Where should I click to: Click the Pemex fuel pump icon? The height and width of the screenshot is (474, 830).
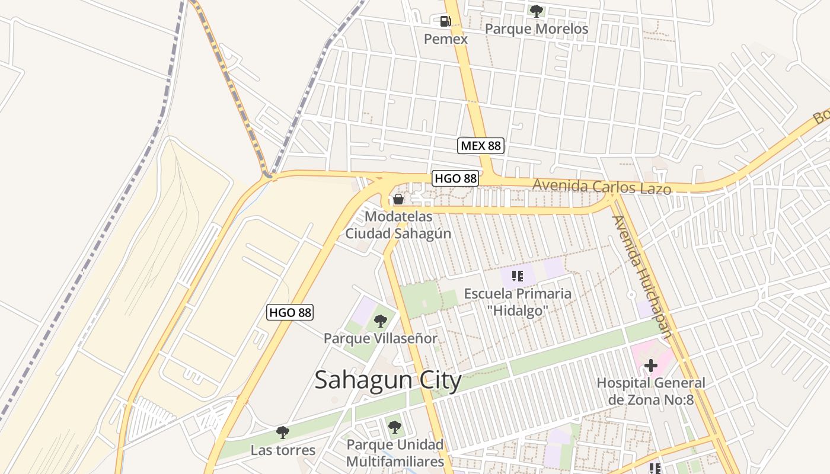point(445,22)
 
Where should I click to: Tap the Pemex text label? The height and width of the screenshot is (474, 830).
point(445,39)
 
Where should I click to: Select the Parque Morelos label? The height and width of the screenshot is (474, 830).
point(537,28)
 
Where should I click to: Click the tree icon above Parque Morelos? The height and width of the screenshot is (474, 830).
point(537,10)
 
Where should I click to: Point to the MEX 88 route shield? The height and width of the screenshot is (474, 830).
point(481,146)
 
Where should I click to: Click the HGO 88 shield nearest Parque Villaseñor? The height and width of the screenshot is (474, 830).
point(290,312)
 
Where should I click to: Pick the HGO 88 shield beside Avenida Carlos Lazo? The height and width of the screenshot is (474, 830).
point(455,178)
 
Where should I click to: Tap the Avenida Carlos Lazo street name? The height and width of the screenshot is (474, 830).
point(602,187)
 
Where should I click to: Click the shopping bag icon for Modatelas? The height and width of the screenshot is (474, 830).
point(398,199)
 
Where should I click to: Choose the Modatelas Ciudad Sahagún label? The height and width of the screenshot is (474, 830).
point(398,225)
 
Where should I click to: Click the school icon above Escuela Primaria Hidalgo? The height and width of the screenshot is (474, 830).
point(518,276)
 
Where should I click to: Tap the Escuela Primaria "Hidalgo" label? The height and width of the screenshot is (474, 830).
point(518,302)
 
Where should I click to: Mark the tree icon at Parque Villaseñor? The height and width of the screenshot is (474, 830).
point(381,321)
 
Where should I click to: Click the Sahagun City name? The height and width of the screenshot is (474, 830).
point(388,380)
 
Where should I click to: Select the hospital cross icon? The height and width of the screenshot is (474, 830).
point(651,366)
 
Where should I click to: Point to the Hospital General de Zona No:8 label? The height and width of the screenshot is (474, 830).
point(651,391)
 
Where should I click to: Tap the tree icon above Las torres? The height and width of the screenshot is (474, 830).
point(283,432)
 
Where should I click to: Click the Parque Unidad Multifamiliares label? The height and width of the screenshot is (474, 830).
point(395,453)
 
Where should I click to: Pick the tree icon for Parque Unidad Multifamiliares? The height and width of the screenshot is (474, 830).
point(394,426)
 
